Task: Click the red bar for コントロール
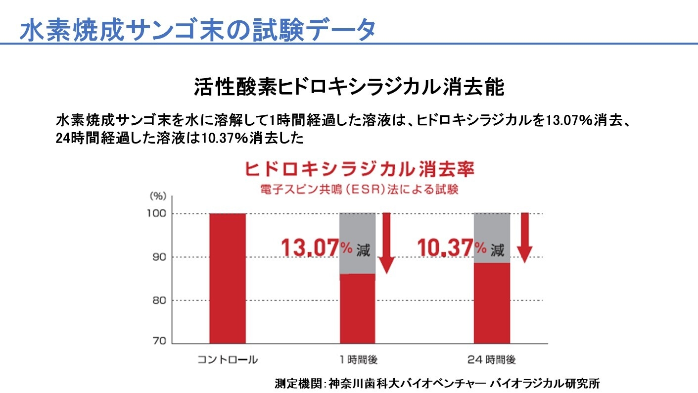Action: [x=227, y=278]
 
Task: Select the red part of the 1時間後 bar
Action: [x=357, y=308]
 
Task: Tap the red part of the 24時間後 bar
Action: [x=492, y=303]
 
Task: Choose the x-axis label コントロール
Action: [x=228, y=360]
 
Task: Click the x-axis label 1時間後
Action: [x=358, y=360]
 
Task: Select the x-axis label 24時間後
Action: [x=491, y=360]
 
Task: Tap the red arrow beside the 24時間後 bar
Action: [x=524, y=237]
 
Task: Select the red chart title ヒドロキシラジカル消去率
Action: [x=360, y=170]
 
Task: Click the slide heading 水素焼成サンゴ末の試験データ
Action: [x=197, y=30]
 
